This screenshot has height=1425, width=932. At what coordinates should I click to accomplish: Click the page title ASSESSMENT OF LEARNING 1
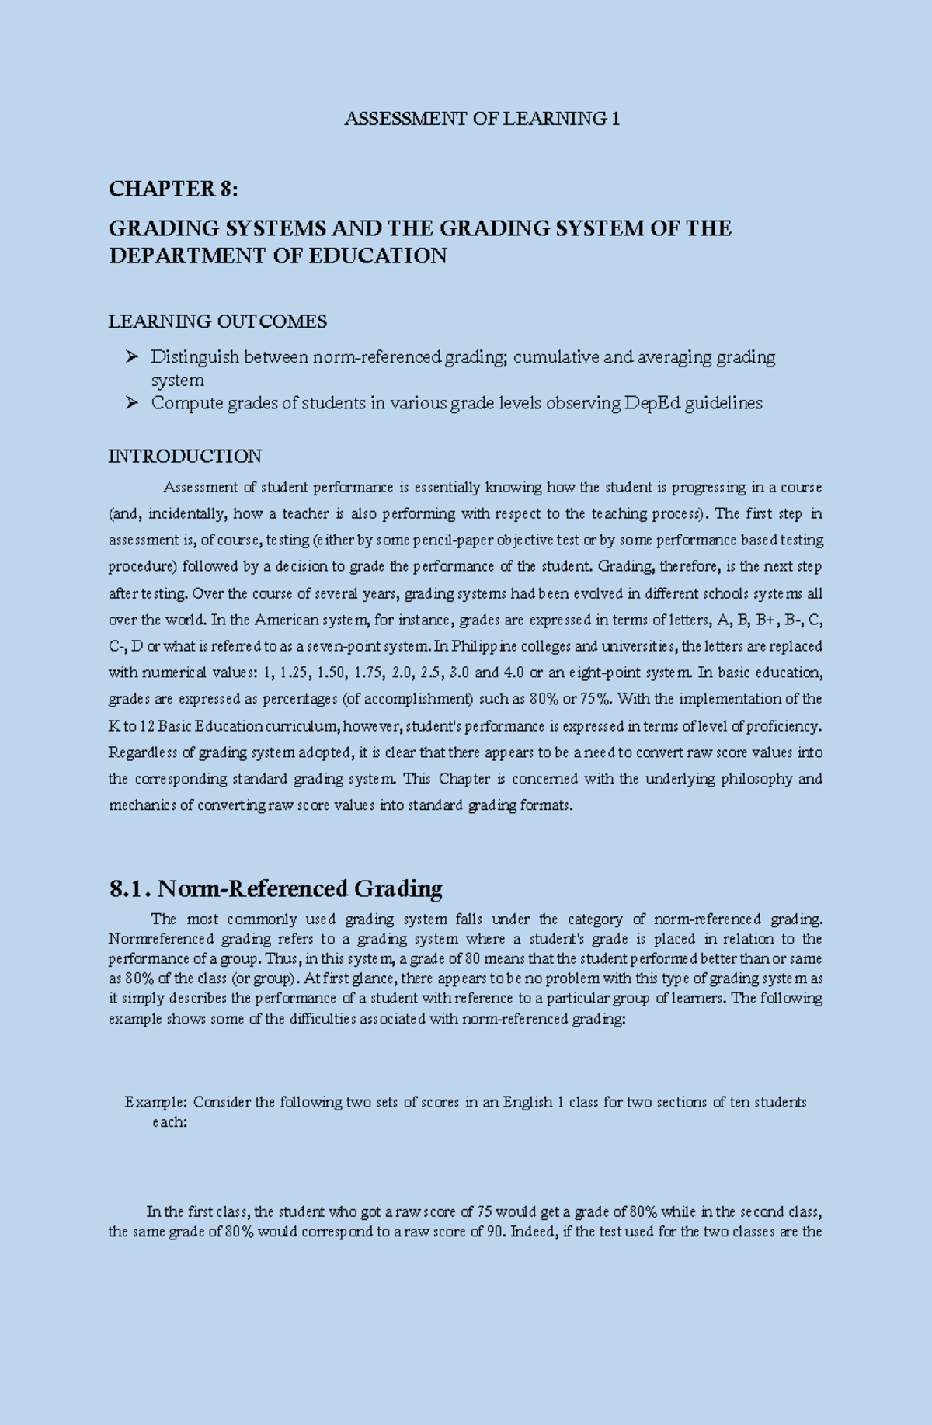click(x=482, y=119)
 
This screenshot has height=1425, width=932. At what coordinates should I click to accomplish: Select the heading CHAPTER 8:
click(x=173, y=189)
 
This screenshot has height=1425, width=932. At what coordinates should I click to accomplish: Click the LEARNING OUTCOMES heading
click(x=217, y=321)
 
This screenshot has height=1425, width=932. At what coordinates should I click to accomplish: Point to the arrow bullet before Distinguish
click(x=131, y=356)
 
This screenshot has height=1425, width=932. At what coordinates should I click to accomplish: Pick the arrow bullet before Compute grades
click(x=131, y=402)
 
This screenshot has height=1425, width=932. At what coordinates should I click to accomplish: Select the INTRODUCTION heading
click(x=185, y=456)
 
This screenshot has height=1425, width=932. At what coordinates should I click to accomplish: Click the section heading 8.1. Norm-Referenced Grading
click(x=276, y=888)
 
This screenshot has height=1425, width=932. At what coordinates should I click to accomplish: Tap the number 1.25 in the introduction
click(x=291, y=673)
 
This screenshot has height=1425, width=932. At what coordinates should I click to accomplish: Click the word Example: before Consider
click(x=155, y=1102)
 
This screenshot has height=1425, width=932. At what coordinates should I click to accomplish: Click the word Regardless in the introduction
click(x=142, y=752)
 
